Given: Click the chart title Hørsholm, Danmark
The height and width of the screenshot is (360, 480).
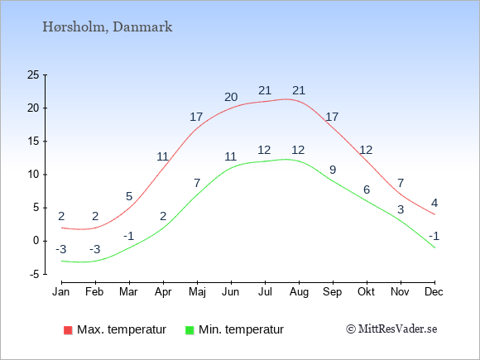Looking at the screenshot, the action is point(107,27).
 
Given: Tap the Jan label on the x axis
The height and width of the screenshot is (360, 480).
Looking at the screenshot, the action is point(61,292).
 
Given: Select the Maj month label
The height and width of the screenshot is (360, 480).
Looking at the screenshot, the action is point(197,292).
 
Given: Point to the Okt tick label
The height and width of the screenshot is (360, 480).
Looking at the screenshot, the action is point(366,292).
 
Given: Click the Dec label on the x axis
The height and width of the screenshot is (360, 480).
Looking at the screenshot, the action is point(434,292).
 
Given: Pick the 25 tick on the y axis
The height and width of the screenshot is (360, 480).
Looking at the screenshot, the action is point(33,74).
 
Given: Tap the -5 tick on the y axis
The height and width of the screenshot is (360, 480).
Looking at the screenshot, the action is point(35,274).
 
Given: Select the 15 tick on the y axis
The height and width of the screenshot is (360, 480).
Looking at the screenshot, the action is point(33,142).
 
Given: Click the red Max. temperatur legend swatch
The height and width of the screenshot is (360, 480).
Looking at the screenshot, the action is point(68,330).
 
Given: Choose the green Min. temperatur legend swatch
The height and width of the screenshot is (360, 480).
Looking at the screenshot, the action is point(190,330).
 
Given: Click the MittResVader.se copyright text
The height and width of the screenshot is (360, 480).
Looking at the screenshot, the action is point(391,329).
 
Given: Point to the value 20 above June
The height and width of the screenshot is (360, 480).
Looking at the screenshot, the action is point(231,97).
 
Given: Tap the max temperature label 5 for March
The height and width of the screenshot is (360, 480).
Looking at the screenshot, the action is point(129,196).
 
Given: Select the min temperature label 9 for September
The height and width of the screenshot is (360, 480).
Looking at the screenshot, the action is point(333,170).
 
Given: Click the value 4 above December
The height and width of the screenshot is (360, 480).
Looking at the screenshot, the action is point(434,203).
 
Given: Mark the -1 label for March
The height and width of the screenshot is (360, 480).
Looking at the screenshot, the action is point(129,237).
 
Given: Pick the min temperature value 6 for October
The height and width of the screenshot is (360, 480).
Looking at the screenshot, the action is point(367,190).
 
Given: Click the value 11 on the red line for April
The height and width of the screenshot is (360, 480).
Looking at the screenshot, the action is point(163,156).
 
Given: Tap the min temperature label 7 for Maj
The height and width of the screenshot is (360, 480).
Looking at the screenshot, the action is point(197,183).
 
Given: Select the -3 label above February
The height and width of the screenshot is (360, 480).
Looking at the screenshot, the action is point(95,249).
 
